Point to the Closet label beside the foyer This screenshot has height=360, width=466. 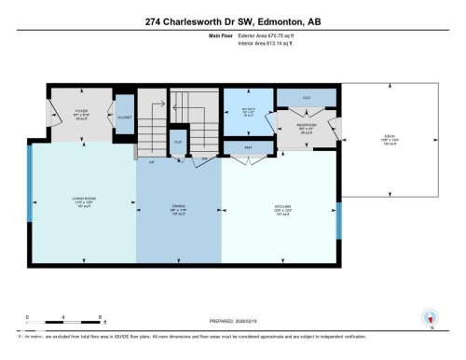(x=124, y=118)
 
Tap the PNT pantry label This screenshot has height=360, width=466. (x=249, y=147)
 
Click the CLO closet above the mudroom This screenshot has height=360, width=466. (x=306, y=97)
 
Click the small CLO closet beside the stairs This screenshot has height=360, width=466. (x=178, y=142)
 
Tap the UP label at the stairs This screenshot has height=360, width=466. (x=151, y=161)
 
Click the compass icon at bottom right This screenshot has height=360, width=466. (x=430, y=317)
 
